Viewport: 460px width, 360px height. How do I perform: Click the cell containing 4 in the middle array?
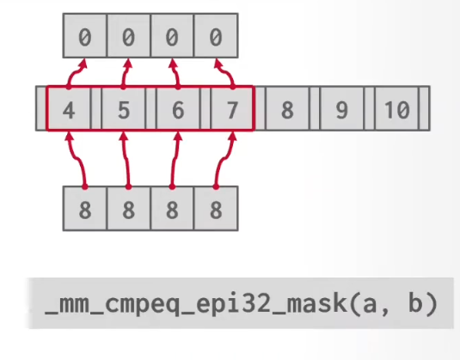pos(69,108)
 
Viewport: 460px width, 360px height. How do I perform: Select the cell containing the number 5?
pos(124,108)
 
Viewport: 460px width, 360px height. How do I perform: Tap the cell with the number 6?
pos(178,108)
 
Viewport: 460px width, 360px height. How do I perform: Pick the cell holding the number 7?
pos(232,108)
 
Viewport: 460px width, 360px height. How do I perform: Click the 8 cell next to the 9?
pos(287,108)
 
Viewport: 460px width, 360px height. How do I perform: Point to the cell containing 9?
pos(342,108)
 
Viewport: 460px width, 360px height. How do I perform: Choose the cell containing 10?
pos(396,108)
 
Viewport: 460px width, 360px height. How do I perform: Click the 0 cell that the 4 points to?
pos(85,35)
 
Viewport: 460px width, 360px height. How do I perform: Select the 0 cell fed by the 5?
pos(129,35)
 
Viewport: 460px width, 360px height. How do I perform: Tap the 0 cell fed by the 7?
pos(216,35)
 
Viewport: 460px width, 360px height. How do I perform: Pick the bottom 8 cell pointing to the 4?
pos(85,209)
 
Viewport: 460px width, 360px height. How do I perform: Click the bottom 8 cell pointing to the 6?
pos(172,209)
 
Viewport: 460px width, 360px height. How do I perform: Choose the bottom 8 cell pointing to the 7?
pos(216,209)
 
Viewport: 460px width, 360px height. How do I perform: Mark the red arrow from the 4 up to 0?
pos(73,73)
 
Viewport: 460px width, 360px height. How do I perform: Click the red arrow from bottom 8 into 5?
pos(126,160)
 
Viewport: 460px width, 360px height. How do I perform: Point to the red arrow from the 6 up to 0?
pos(176,73)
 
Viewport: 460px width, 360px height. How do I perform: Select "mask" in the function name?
pos(317,303)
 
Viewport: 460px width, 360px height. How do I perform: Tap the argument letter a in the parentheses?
pos(370,305)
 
